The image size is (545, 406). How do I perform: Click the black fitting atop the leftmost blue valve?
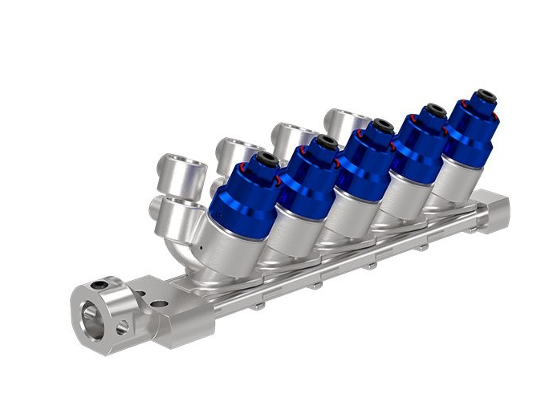[x=266, y=159]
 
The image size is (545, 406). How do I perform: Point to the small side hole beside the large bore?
[x=121, y=327]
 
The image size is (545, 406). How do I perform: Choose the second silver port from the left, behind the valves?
[x=234, y=149]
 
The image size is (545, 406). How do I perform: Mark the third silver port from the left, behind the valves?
[x=287, y=133]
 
